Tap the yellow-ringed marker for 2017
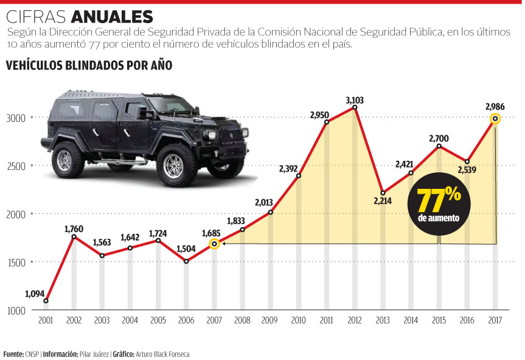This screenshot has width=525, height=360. (x=495, y=118)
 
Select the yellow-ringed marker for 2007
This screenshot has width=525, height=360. (x=214, y=244)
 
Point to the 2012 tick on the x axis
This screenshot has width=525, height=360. (x=355, y=320)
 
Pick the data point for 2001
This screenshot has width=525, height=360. (x=46, y=301)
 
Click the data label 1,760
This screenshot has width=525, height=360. (x=74, y=228)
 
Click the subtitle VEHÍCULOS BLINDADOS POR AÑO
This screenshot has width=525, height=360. (x=89, y=65)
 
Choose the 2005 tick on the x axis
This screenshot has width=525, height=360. (x=158, y=320)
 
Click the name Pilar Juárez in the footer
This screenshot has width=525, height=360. (x=96, y=353)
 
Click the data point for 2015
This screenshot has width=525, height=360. (x=439, y=146)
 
